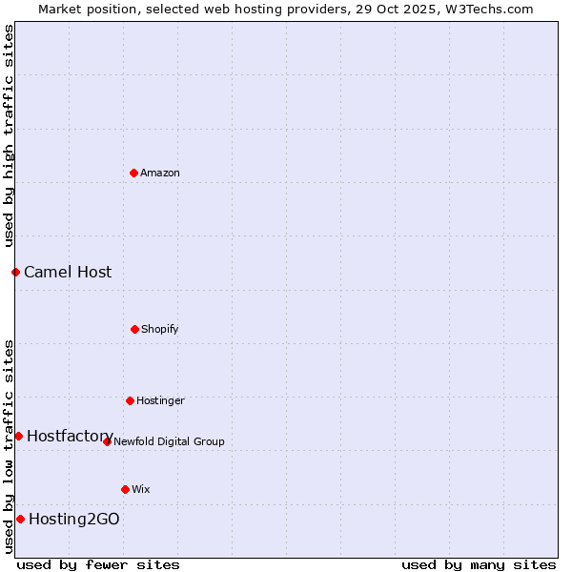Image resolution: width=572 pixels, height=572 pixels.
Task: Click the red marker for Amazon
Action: [x=133, y=173]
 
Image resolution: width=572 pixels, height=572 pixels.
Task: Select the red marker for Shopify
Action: [x=134, y=329]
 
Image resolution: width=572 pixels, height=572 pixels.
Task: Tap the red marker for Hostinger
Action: [x=130, y=400]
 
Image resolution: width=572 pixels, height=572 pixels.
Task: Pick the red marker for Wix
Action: [x=125, y=489]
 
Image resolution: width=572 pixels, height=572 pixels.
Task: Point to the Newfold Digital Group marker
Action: [x=107, y=441]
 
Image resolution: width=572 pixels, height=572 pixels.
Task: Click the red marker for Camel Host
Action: [x=15, y=272]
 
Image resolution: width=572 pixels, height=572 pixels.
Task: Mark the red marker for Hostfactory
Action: [x=18, y=436]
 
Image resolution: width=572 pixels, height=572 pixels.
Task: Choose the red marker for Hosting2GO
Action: [x=20, y=519]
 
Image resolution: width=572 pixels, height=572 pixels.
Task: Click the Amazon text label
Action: [x=160, y=173]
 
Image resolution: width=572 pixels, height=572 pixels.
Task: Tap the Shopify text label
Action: [x=160, y=329]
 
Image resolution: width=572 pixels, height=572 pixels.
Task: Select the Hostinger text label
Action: [x=160, y=400]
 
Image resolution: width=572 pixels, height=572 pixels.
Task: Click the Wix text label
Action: [x=141, y=489]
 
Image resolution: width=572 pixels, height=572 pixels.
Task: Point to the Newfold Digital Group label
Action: [x=169, y=441]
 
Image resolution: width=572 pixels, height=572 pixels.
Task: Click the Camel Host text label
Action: [x=68, y=272]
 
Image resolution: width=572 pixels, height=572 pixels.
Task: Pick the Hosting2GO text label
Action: [x=74, y=519]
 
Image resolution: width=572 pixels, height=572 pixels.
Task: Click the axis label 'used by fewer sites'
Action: [x=98, y=564]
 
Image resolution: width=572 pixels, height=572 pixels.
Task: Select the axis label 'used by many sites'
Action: [x=479, y=564]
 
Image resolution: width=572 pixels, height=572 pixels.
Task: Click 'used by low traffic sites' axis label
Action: [x=9, y=445]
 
